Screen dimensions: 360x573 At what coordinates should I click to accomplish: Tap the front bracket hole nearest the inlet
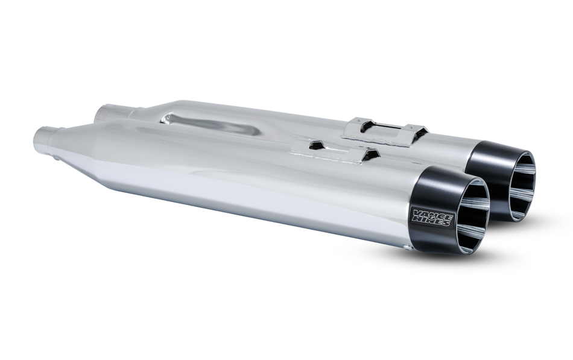click(x=314, y=145)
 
